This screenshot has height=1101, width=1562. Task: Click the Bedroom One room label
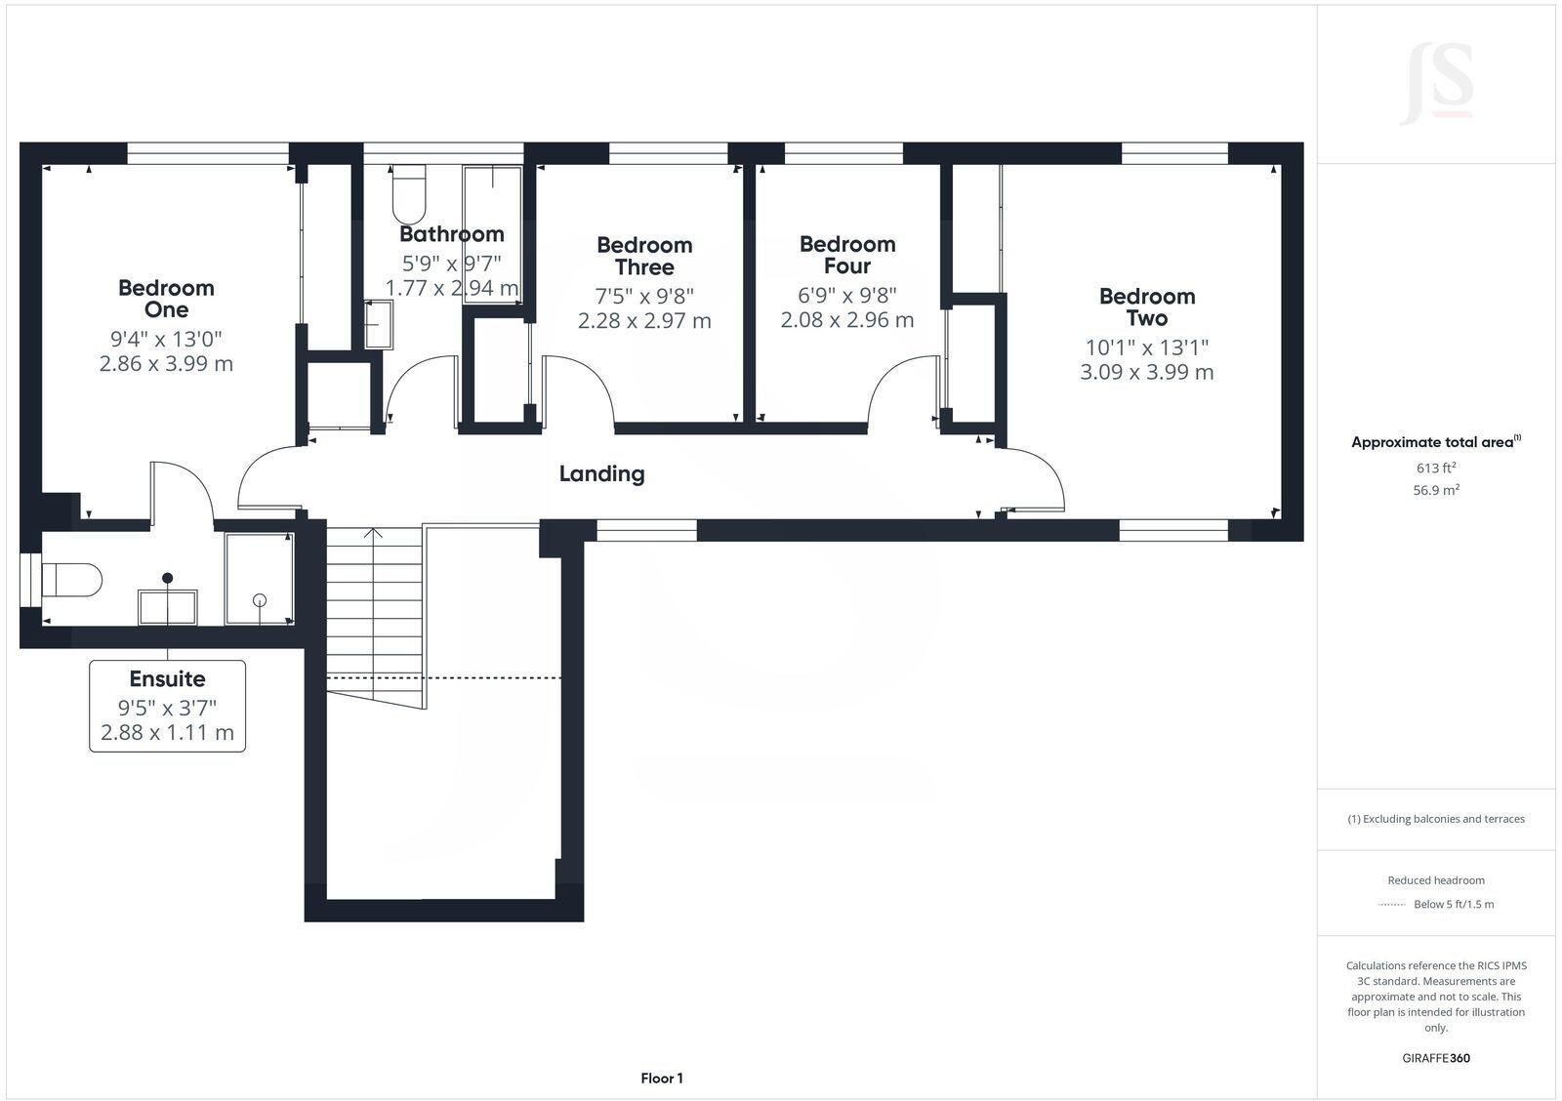point(166,299)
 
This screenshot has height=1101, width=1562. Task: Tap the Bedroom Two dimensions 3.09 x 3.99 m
point(1146,372)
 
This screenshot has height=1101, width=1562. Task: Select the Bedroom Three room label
point(644,256)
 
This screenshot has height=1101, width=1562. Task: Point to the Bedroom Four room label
point(846,255)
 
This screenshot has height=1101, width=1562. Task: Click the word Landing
point(601,474)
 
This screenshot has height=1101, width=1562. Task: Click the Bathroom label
point(451,234)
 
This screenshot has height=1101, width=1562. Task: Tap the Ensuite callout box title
point(167,679)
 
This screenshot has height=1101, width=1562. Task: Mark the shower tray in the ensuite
point(259,579)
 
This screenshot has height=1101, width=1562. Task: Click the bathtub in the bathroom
point(492,234)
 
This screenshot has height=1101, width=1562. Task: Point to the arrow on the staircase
point(373,535)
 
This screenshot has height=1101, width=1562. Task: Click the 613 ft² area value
point(1435,469)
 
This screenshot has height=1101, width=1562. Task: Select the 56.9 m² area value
point(1435,491)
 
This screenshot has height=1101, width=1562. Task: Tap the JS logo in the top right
point(1436,84)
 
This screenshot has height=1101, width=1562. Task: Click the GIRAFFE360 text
point(1435,1058)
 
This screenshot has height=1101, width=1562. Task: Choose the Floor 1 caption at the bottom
point(662,1079)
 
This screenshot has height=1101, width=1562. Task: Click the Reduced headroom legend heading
point(1435,880)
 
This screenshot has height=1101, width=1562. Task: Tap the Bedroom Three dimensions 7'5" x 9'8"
point(644,296)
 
